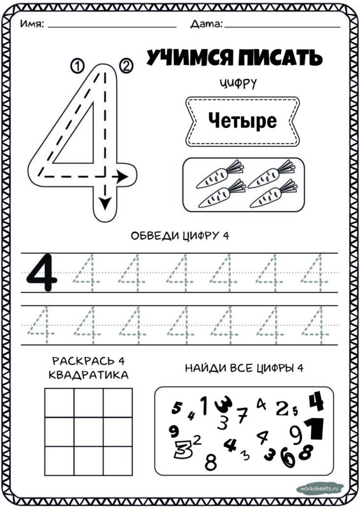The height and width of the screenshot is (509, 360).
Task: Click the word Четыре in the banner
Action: (x=242, y=120)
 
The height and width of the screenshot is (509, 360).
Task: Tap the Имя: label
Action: (x=32, y=24)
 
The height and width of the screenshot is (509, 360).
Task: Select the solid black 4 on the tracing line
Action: (x=42, y=273)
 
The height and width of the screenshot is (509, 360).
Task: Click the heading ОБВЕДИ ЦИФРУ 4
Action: (x=179, y=236)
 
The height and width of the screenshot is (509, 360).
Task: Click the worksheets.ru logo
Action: (x=320, y=489)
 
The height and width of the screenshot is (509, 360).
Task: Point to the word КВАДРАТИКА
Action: (x=88, y=375)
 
